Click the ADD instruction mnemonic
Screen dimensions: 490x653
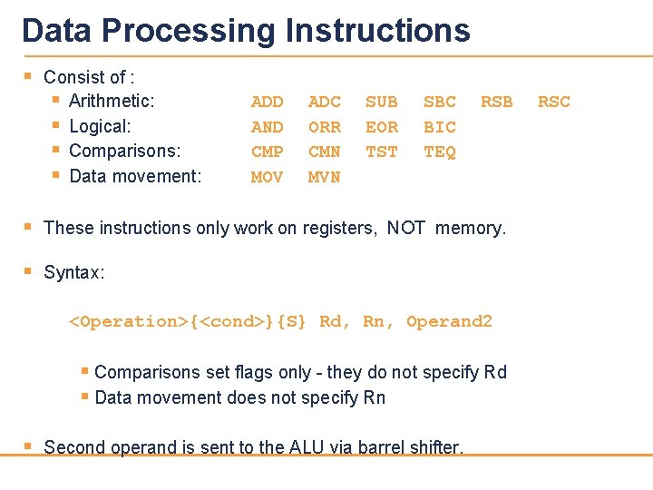click(x=267, y=102)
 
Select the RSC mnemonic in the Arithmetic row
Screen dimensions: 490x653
click(x=554, y=102)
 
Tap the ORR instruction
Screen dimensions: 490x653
click(x=325, y=127)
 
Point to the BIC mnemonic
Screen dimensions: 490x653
click(x=440, y=127)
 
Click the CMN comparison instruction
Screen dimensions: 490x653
click(x=325, y=152)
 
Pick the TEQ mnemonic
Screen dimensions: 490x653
click(x=440, y=152)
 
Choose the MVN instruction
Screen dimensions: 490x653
click(x=325, y=177)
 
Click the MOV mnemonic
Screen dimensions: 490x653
click(x=267, y=177)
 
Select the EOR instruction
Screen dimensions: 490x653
click(x=382, y=127)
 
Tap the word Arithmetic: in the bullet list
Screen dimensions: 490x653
click(x=112, y=101)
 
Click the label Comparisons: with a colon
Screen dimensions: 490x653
click(x=124, y=151)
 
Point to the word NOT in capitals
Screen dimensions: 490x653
click(x=406, y=228)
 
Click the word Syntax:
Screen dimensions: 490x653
click(x=74, y=272)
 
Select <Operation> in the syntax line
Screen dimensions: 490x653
click(x=129, y=321)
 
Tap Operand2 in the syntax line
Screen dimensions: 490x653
click(x=449, y=321)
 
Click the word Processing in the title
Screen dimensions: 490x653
click(x=189, y=30)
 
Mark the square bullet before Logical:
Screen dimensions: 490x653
click(x=55, y=126)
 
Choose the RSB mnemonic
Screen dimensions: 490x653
click(x=496, y=102)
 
